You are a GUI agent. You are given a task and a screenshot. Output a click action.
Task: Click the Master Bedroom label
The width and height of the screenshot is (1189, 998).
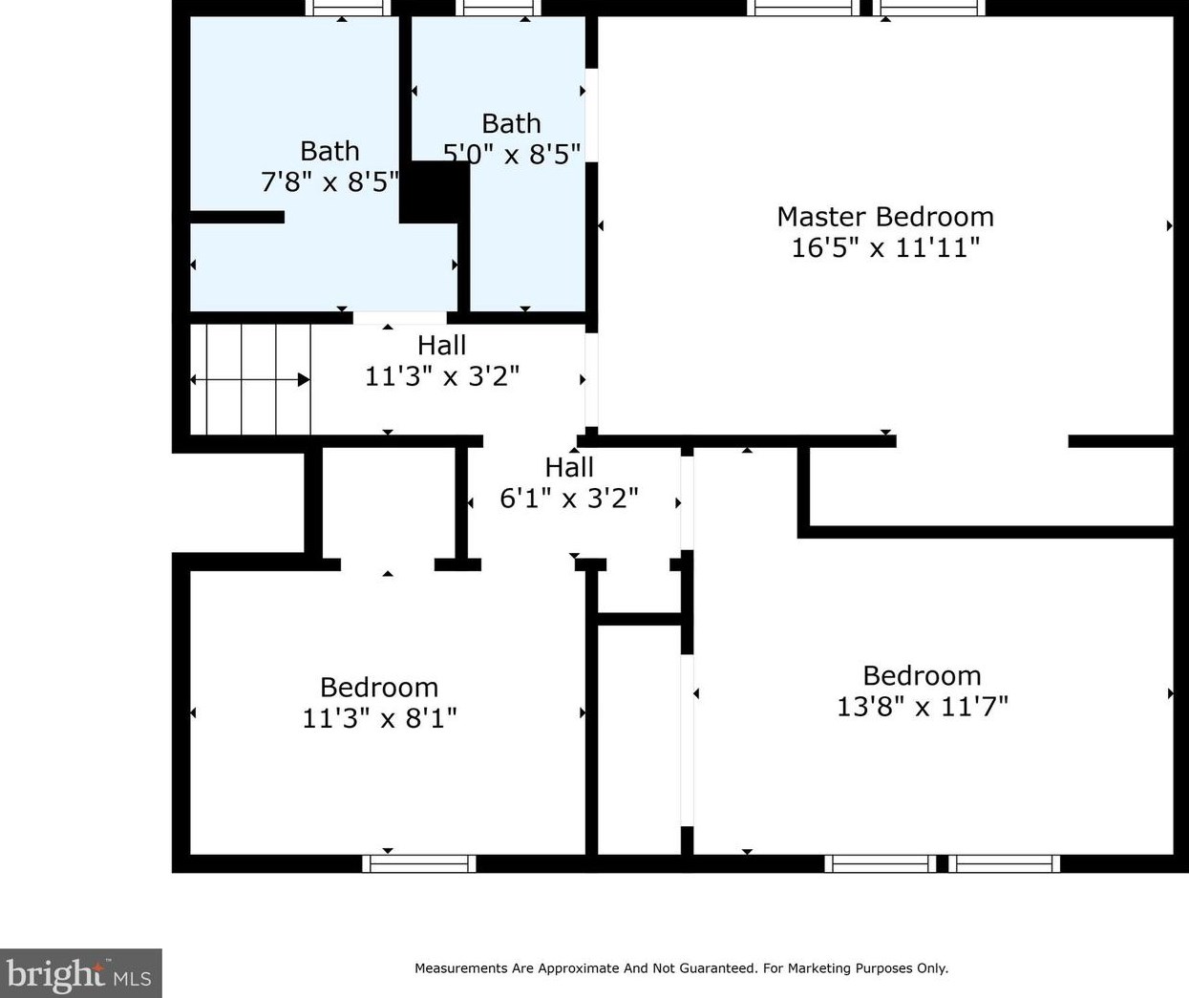885,217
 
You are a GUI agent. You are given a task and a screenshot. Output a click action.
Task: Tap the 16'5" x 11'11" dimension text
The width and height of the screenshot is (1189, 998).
885,247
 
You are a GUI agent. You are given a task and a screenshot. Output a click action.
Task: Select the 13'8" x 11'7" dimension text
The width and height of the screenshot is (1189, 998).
923,707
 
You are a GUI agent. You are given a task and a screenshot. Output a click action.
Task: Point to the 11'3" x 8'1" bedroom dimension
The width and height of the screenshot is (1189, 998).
379,718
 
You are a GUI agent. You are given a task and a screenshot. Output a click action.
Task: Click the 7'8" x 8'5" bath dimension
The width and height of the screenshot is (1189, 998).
329,182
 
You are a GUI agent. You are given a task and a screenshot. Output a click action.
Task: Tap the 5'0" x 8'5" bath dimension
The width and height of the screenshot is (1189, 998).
511,154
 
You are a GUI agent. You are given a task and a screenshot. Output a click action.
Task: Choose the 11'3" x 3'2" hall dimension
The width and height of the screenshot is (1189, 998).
442,376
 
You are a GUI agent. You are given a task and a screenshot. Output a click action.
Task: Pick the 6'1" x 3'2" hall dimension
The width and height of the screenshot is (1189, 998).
569,499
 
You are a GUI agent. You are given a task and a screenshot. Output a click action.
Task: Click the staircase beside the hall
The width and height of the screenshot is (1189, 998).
250,379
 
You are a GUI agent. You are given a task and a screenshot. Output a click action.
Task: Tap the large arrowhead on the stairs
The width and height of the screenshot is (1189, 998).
304,379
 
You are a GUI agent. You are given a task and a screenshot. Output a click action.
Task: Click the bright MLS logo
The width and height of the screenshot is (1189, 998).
81,973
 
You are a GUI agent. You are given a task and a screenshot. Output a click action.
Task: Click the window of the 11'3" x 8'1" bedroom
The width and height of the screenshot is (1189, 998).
419,863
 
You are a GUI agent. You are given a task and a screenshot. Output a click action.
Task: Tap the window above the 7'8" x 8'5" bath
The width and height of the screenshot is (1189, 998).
348,8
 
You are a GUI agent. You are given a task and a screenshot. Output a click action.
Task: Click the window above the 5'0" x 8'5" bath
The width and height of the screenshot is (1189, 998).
499,8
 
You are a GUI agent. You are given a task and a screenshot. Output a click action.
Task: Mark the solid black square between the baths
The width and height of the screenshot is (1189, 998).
434,192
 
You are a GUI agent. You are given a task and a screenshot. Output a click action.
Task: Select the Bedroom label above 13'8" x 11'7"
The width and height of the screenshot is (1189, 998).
922,676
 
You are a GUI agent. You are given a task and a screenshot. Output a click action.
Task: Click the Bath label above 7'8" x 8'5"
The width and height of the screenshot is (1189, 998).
329,152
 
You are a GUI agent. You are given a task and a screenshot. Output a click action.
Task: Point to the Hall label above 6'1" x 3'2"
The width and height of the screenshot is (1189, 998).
569,468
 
